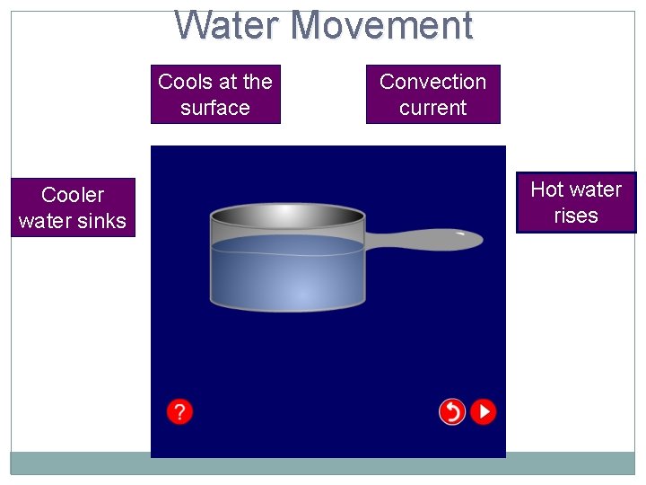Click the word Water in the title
pos(227,25)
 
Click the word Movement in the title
pos(380,25)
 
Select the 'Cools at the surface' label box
pos(215,94)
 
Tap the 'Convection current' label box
pos(432,94)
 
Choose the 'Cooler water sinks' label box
pos(73,207)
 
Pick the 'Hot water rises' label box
pos(576,202)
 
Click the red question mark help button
pos(179,411)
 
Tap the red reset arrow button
pos(452,411)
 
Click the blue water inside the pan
pos(287,274)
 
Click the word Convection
pos(432,82)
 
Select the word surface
pos(215,108)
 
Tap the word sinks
pos(104,221)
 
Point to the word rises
pos(576,216)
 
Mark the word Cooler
pos(73,195)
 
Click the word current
pos(432,108)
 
